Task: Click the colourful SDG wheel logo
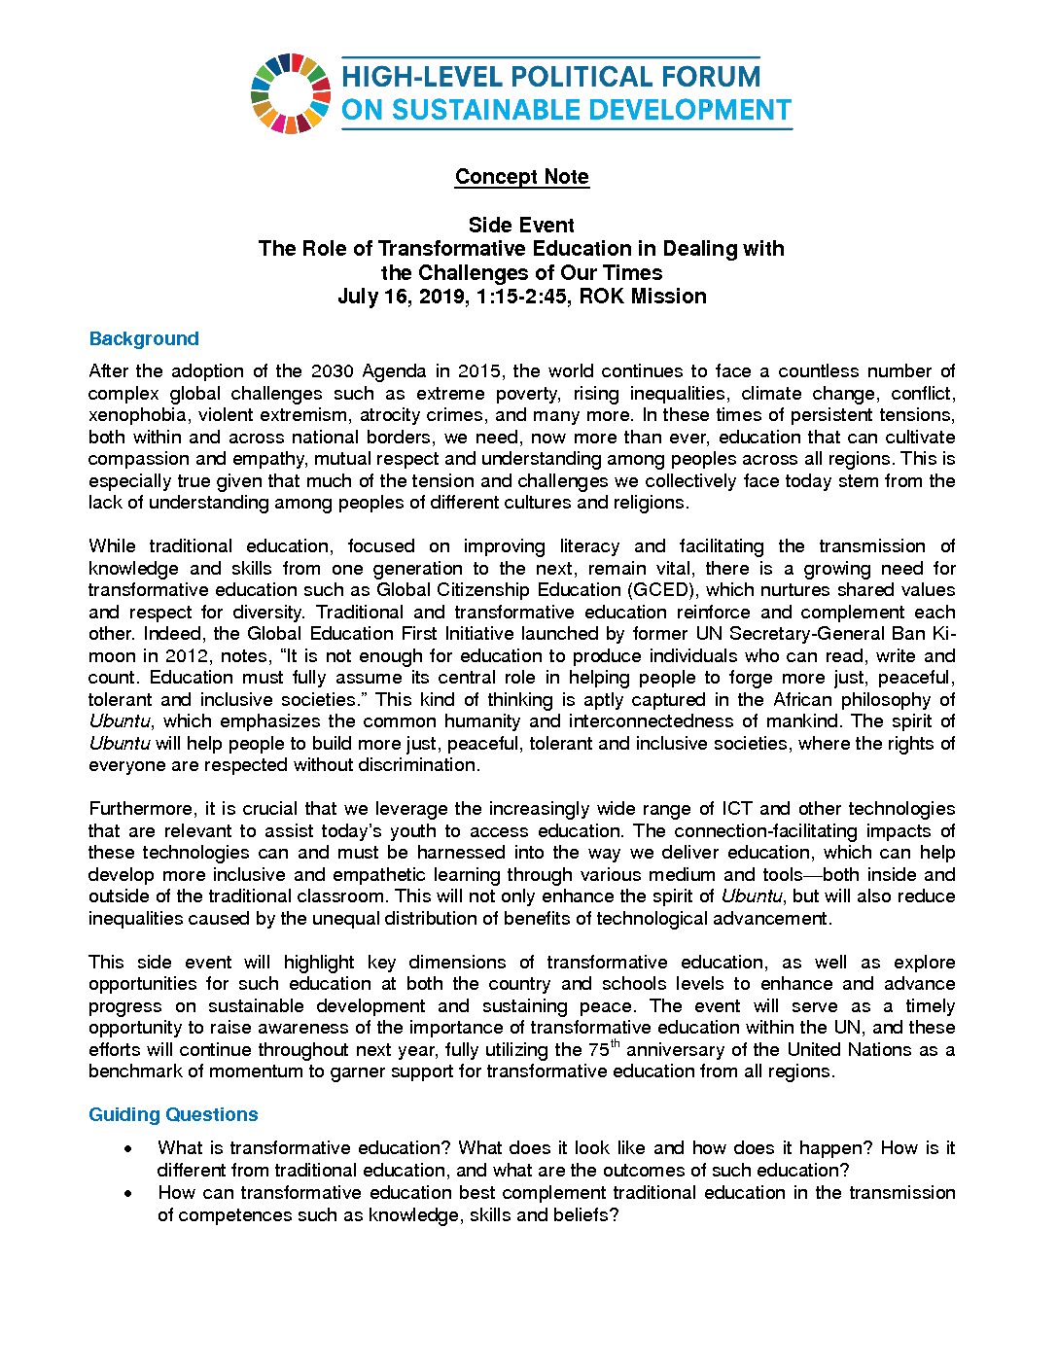pos(290,93)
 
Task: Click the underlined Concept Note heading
pos(522,177)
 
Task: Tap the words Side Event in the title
pos(521,226)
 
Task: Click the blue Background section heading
pos(144,339)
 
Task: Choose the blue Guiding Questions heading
pos(173,1115)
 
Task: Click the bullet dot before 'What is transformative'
pos(128,1149)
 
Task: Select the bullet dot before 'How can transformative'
pos(128,1193)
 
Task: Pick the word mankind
pos(807,721)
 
